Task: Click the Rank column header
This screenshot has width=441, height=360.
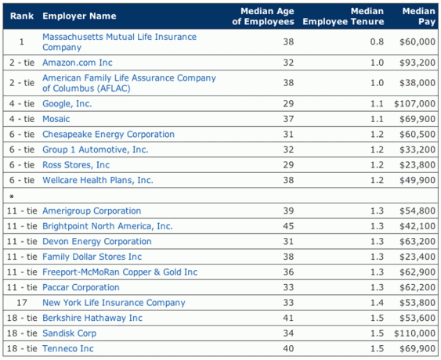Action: (22, 16)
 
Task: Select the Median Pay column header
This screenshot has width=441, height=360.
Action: (418, 16)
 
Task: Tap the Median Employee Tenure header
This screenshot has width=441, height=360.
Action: (343, 16)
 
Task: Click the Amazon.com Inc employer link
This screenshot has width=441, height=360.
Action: (78, 63)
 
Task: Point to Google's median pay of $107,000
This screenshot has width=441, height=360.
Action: (414, 104)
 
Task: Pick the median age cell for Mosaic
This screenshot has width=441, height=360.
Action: (288, 119)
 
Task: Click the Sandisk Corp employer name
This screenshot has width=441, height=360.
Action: (69, 333)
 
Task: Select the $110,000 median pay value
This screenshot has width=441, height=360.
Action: (414, 333)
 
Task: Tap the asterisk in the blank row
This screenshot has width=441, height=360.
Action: (12, 196)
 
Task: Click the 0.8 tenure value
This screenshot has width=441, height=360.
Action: (377, 42)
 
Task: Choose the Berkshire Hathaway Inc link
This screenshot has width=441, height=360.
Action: (92, 318)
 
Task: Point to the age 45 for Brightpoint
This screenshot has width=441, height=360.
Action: (288, 226)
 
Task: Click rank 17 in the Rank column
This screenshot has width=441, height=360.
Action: (22, 303)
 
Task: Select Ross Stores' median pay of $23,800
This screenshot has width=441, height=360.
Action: (418, 165)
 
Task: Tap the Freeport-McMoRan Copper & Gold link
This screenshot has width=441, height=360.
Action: (120, 272)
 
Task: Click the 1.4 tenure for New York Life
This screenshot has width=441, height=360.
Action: (377, 303)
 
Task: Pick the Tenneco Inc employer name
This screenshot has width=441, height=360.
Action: (68, 348)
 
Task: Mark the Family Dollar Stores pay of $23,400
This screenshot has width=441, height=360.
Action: (418, 257)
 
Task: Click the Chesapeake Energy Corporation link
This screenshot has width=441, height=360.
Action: (108, 135)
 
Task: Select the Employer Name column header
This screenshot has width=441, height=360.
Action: (79, 16)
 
